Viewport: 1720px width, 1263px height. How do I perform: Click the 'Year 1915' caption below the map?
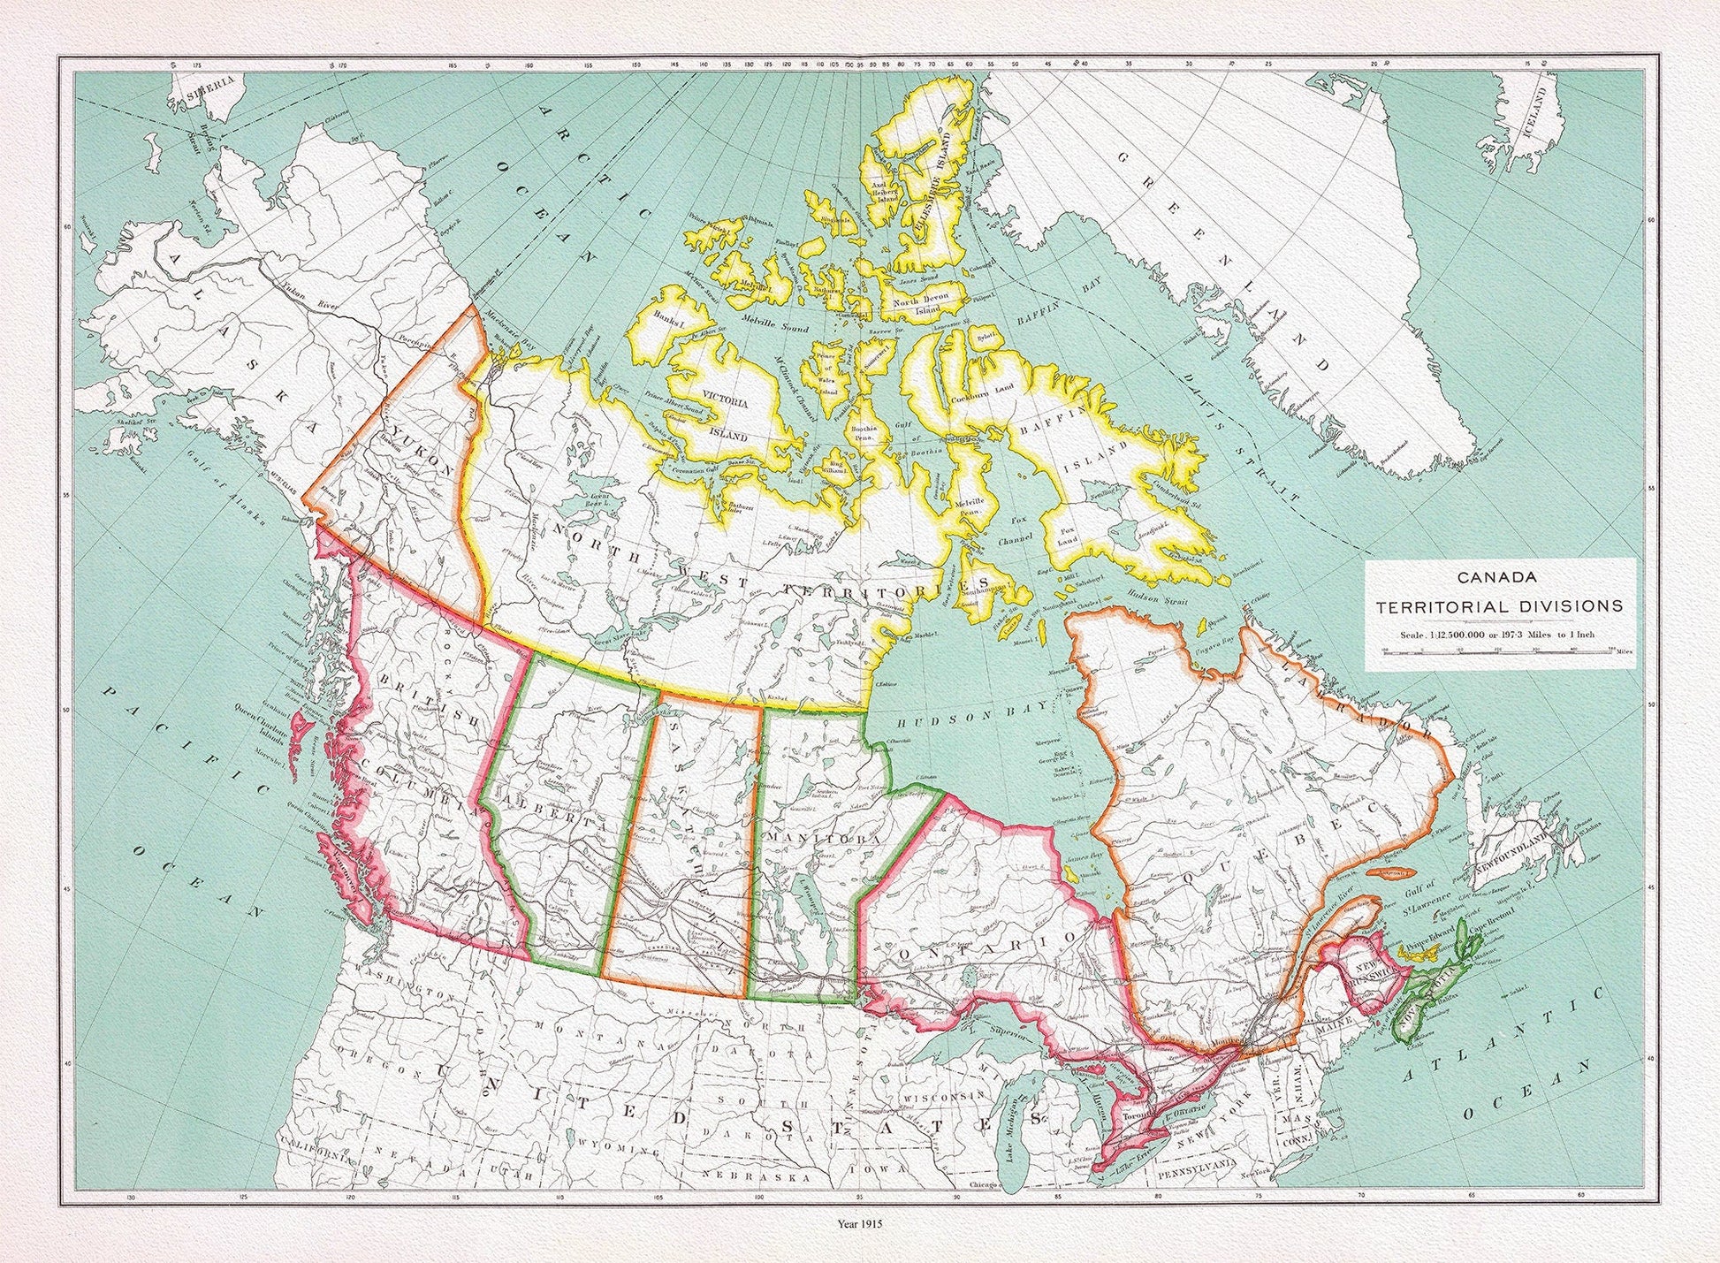tap(860, 1224)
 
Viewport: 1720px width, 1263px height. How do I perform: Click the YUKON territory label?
tap(422, 453)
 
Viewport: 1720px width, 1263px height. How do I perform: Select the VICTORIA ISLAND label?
tap(731, 417)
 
